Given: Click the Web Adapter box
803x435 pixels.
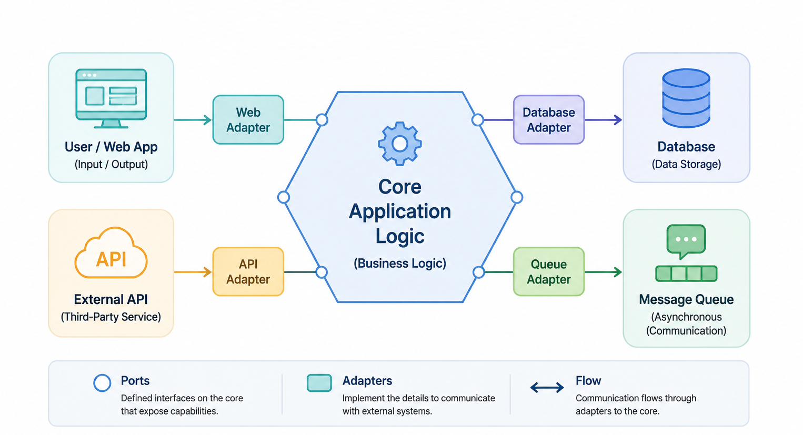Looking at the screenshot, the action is [248, 120].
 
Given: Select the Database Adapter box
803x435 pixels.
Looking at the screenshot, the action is [549, 120].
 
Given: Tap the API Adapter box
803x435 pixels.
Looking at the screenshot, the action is [248, 271].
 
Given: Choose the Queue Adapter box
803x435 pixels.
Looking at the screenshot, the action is [549, 271].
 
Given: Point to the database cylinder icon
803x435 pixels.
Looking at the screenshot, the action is [686, 98].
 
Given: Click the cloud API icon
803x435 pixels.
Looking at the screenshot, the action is [111, 252].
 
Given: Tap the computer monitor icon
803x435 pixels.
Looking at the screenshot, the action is [111, 98].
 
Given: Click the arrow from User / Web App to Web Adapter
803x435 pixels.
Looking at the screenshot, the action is [193, 120].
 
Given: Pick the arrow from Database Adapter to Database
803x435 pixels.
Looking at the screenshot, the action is [604, 120].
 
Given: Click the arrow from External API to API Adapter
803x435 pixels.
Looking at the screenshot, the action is [193, 272].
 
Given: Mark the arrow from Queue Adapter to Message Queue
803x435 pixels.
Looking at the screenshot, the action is [604, 272].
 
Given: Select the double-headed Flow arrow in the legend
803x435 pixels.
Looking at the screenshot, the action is [547, 387].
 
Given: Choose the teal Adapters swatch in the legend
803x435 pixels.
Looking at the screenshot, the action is [319, 383].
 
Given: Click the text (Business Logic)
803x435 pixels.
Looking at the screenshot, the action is [400, 264].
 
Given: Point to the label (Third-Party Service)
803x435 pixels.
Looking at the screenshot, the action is [111, 317].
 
